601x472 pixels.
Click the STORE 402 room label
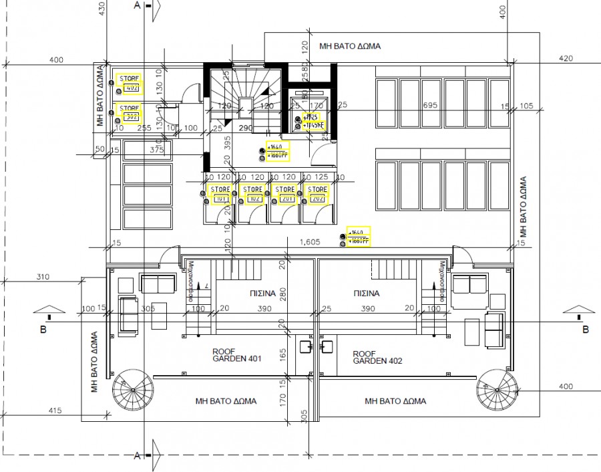point(130,84)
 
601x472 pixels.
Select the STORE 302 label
point(129,112)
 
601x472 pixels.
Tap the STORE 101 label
point(220,194)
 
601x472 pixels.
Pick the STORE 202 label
point(317,194)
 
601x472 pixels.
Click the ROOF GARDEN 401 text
point(236,355)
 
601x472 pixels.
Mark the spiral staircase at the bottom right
point(495,390)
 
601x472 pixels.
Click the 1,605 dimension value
point(310,241)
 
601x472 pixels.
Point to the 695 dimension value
point(430,106)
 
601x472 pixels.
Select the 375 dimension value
point(157,150)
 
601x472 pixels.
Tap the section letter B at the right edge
point(586,330)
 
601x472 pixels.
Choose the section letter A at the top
point(136,6)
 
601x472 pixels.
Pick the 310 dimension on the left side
point(44,277)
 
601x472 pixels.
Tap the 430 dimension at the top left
point(102,8)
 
